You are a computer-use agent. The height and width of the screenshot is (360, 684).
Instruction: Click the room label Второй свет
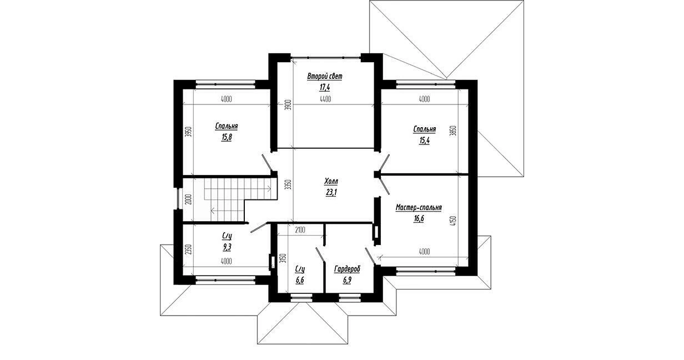tap(325, 76)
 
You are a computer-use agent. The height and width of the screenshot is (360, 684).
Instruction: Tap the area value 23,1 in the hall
tap(331, 192)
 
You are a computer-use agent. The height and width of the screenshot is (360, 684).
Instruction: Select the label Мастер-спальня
tap(419, 208)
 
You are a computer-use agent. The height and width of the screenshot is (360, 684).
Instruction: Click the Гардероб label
tap(347, 269)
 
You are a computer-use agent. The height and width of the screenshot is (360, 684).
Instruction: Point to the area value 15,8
tap(227, 137)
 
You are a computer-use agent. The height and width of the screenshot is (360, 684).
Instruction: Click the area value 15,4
tap(424, 141)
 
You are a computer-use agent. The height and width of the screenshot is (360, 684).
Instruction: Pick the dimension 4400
tap(325, 99)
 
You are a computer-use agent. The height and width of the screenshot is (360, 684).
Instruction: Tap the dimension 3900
tap(289, 105)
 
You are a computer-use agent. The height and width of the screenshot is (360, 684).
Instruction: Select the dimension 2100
tap(300, 230)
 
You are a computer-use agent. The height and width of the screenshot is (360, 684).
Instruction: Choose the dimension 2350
tap(188, 249)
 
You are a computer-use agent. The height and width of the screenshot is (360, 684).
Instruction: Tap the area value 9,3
tap(227, 247)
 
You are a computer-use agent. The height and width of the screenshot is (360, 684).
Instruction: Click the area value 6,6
tap(300, 280)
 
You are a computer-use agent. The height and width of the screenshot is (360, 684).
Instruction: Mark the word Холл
tap(331, 181)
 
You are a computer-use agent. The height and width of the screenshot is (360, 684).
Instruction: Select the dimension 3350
tap(289, 185)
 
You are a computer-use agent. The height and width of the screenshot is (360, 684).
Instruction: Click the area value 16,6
tap(419, 219)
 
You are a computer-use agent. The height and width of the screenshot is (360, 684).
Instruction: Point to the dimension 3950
tap(188, 132)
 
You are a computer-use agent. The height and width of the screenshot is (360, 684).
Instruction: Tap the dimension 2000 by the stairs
tap(188, 199)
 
